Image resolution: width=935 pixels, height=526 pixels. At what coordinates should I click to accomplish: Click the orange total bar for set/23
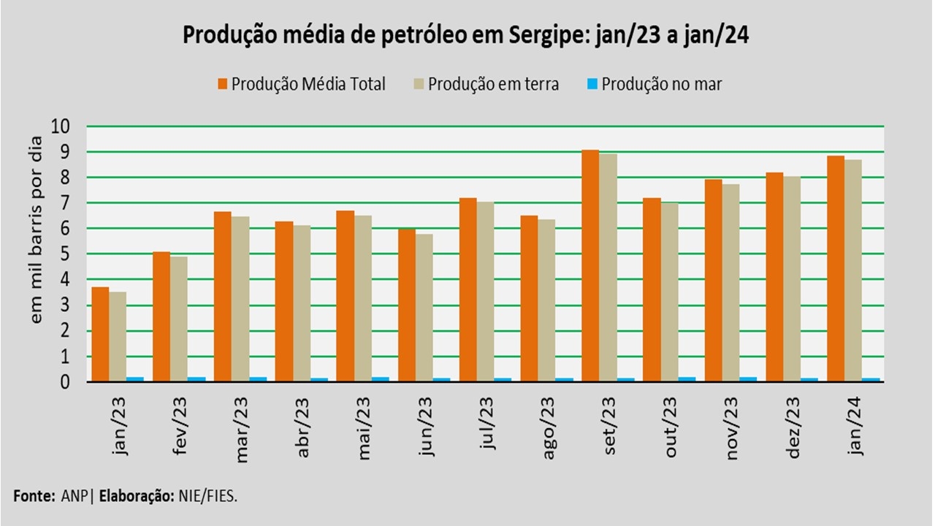pos(590,266)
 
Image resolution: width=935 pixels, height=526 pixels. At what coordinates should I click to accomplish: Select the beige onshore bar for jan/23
pos(118,337)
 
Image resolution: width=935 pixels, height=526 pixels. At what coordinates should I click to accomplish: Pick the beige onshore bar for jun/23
pos(424,308)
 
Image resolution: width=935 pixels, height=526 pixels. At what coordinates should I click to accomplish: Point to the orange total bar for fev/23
pos(161,316)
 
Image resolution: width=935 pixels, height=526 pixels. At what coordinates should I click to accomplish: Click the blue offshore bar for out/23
pos(687,378)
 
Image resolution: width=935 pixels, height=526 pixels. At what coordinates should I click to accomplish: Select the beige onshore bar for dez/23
pos(792,278)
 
